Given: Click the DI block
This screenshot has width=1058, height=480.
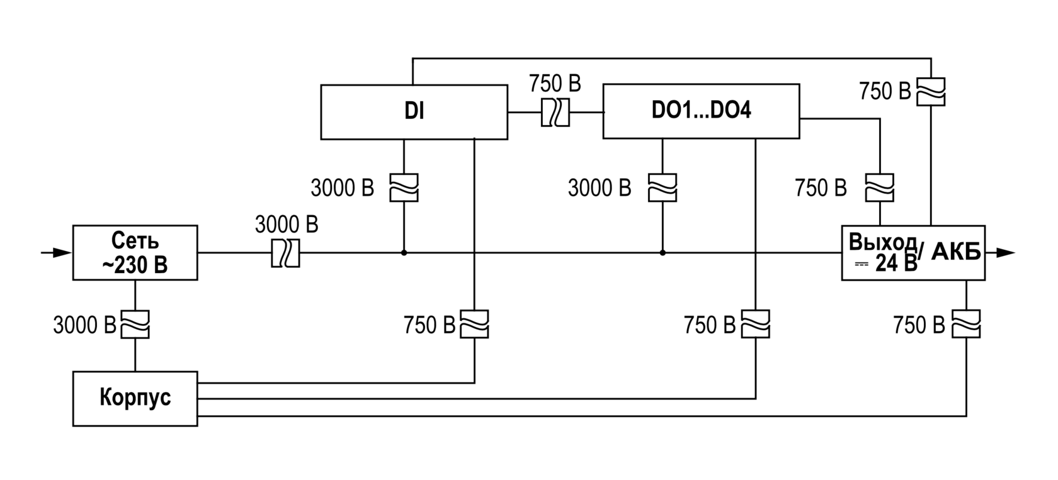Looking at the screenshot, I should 414,112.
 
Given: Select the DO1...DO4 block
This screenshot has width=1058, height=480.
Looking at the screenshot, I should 701,111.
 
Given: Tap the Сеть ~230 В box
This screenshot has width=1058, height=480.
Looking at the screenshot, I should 135,252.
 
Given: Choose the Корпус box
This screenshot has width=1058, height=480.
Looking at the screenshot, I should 135,399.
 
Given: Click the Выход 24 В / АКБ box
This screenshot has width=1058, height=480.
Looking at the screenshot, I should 913,252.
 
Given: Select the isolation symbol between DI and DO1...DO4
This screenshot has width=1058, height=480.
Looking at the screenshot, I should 555,113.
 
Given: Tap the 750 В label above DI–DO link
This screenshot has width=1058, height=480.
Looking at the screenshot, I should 555,83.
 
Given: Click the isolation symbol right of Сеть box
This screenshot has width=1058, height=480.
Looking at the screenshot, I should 285,254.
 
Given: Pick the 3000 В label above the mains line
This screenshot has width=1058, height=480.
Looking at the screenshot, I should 287,224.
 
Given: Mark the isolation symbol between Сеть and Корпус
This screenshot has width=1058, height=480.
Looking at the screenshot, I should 135,325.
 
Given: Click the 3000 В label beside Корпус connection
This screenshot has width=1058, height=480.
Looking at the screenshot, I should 84,325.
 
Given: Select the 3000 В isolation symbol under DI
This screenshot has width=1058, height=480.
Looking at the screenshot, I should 404,187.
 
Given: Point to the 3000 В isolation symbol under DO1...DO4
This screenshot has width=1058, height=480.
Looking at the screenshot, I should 663,187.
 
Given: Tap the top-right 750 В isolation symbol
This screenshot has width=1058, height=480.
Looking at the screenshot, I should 930,92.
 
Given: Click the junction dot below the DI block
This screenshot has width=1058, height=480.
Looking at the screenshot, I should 404,253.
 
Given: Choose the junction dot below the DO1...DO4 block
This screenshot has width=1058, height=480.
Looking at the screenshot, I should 663,253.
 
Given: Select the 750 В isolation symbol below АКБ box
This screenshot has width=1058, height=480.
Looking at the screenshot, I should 966,325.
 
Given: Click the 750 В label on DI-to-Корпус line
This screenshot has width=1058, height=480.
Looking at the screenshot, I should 429,325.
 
